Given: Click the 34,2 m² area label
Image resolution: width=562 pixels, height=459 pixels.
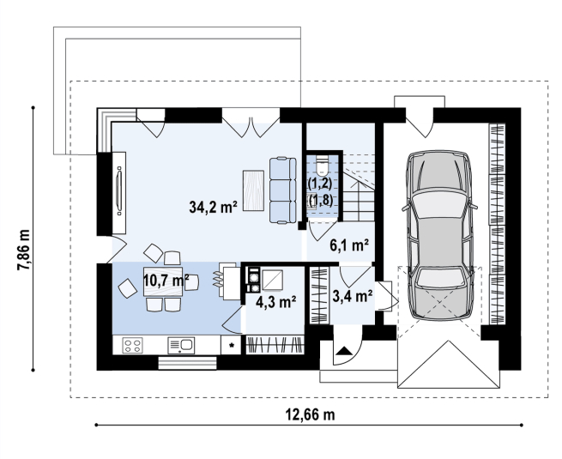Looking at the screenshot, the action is (214, 207).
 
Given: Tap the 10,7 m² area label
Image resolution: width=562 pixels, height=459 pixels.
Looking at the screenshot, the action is (166, 280).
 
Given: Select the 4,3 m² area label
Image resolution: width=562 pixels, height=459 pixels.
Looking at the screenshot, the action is (275, 302).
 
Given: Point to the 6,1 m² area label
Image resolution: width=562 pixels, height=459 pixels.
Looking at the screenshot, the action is (349, 245).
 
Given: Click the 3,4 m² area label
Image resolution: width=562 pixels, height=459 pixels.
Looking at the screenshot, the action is (353, 296).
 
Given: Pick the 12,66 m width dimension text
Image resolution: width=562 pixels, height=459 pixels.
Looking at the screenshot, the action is (310, 414).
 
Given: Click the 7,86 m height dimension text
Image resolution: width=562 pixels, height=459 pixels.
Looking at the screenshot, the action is (24, 250).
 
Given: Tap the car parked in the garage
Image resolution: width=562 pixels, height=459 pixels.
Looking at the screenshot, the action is (439, 235).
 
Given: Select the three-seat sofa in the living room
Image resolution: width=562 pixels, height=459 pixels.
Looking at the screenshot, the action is (283, 190).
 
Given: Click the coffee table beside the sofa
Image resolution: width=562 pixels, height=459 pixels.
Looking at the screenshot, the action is (253, 190).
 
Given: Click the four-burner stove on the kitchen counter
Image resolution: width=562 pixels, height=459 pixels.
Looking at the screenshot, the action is (132, 346).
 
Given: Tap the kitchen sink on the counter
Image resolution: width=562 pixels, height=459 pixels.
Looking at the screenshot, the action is (181, 346).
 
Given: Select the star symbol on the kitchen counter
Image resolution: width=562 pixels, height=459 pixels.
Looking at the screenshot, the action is (232, 346).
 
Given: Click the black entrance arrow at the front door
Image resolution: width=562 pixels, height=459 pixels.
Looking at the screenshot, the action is (344, 350).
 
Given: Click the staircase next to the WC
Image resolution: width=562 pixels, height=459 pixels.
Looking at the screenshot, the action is (359, 187).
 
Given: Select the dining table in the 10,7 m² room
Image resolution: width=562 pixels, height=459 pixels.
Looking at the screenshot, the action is (163, 281).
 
